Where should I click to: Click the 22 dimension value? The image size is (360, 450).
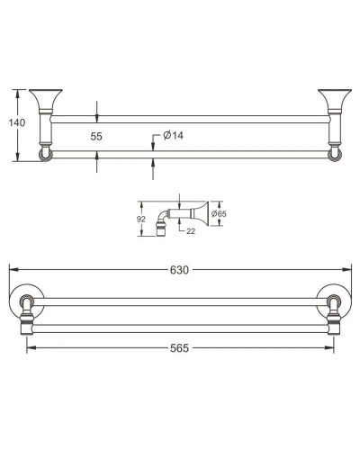click(191, 231)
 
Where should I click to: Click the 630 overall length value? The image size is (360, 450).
click(181, 267)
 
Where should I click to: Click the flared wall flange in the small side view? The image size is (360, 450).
click(202, 214)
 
